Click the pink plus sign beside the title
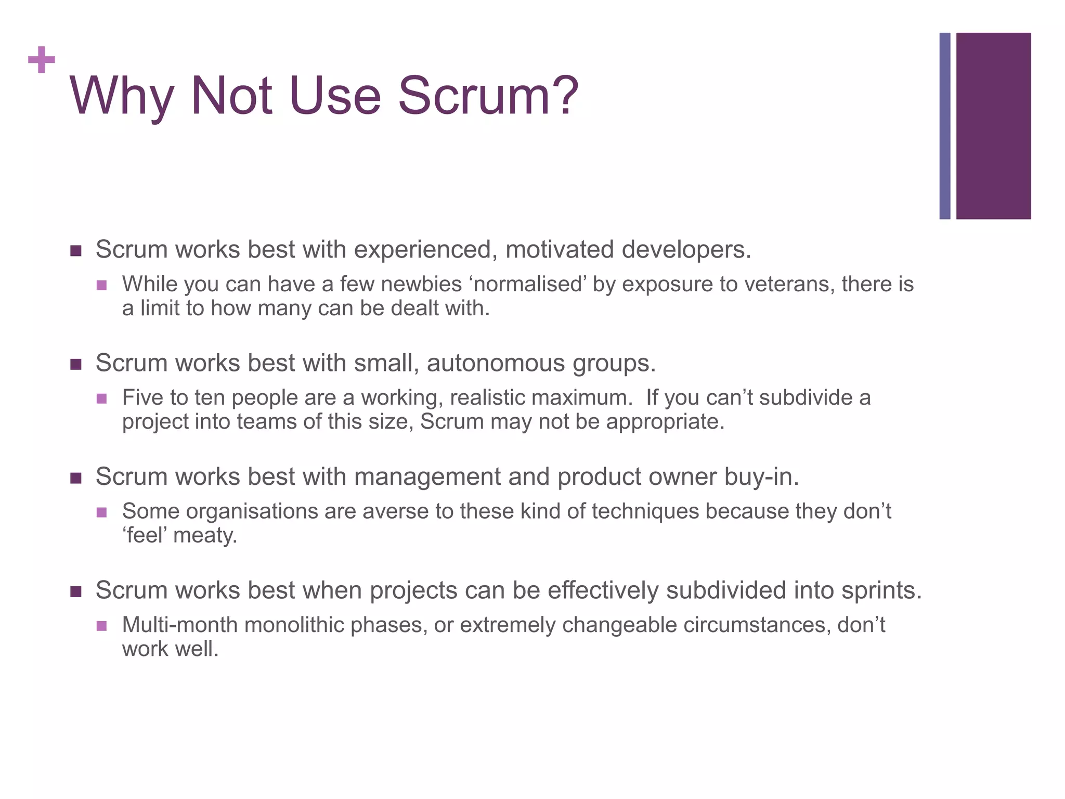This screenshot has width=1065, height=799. [x=42, y=60]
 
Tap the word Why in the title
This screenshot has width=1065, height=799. [x=121, y=96]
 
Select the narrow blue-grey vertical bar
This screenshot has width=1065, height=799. [x=944, y=126]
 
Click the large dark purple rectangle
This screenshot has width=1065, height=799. [x=993, y=126]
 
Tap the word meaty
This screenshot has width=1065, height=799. [x=204, y=536]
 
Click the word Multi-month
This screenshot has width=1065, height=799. [x=180, y=625]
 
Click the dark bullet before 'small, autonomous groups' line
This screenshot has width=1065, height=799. [x=76, y=364]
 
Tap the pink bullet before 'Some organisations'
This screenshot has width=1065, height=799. [x=102, y=512]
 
